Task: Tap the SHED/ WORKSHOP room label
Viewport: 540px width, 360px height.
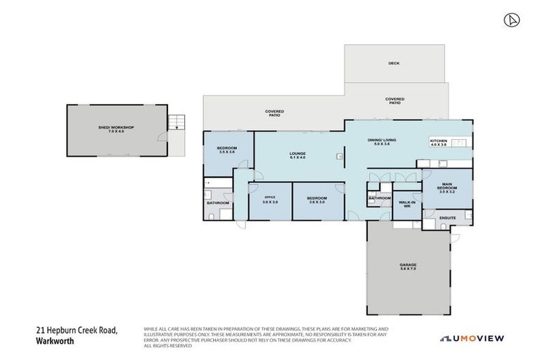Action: (116, 127)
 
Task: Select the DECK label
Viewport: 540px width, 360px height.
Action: (394, 63)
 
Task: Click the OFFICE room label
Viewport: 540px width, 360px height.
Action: (269, 198)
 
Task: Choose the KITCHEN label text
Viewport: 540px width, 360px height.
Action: (439, 141)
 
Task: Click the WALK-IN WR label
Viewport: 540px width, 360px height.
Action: (406, 205)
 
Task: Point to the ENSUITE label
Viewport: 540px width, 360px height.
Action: (448, 218)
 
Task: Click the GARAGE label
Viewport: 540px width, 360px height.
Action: (408, 265)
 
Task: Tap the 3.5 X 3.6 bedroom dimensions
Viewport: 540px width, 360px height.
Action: (227, 152)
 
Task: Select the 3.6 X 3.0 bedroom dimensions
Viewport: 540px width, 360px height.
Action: (316, 202)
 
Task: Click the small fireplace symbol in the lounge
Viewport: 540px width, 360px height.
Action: (339, 157)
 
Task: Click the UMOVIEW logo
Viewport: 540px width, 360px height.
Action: (473, 339)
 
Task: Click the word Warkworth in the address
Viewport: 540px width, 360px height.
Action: (54, 342)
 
